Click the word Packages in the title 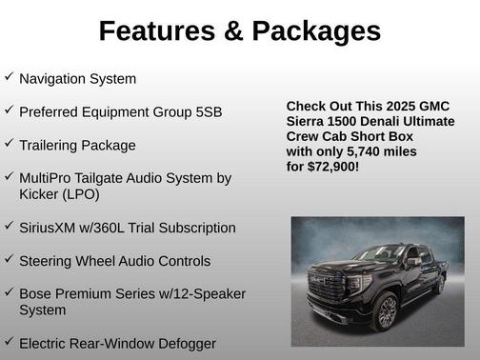pos(313,31)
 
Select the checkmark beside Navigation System pos(9,76)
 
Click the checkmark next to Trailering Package pos(9,143)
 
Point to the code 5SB pos(207,111)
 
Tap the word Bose pos(36,293)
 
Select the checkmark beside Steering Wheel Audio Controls pos(9,258)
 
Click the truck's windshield pos(385,253)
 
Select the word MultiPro pos(49,178)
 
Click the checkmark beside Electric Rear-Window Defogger pos(9,340)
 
